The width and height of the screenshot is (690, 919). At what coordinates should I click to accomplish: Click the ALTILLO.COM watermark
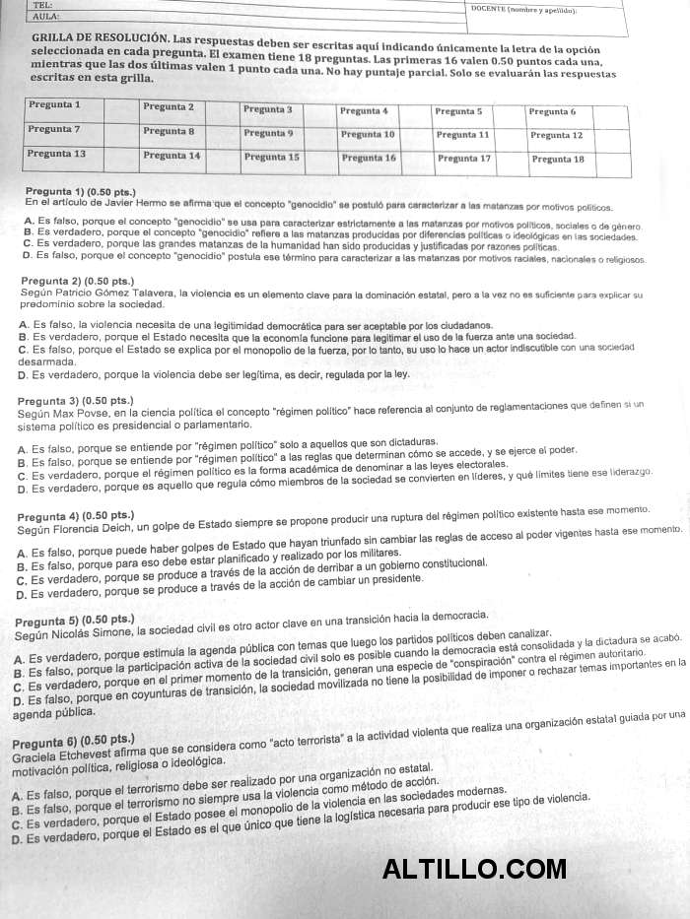coord(474,868)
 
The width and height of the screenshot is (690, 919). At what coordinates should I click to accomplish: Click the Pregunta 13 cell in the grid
coord(56,154)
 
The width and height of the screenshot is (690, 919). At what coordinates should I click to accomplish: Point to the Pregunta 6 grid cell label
coord(552,111)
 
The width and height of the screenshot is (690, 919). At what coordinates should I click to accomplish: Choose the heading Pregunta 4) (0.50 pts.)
coord(76,515)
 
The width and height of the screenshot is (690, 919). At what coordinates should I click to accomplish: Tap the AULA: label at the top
coord(45,17)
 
